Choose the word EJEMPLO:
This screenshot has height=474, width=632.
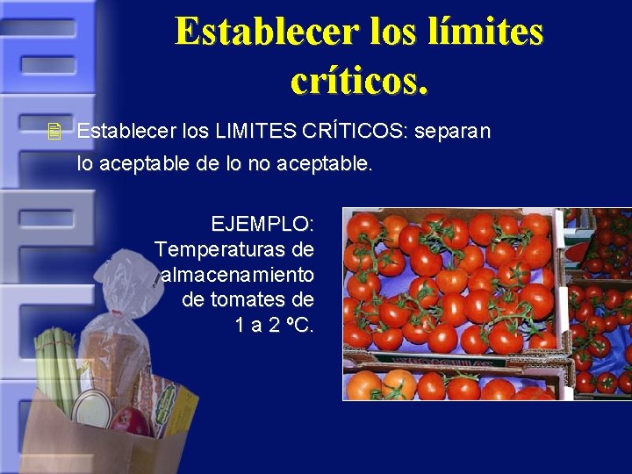point(262,224)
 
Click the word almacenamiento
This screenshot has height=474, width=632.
point(238,275)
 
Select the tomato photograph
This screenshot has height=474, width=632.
point(486,304)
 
